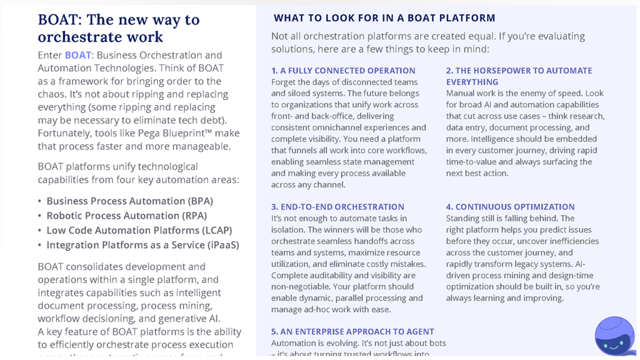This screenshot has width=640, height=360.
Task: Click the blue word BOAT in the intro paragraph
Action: point(78,55)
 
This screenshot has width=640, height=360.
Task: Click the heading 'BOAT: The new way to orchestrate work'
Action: point(119,28)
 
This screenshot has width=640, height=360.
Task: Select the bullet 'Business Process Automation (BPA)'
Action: point(129,201)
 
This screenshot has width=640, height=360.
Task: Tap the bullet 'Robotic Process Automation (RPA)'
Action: point(126,216)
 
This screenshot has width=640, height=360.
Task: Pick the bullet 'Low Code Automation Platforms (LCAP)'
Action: point(139,230)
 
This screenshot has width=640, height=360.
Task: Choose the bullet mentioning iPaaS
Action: point(142,245)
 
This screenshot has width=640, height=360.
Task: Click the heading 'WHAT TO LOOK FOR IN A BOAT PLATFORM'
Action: point(384,18)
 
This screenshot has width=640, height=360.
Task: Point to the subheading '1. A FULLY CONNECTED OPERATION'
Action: point(343,71)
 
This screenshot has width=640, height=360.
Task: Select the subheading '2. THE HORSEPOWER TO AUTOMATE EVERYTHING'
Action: point(519,76)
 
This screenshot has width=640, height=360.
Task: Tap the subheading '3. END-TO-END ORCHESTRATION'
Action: point(337,207)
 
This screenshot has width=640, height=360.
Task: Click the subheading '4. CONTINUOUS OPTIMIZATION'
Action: point(510,207)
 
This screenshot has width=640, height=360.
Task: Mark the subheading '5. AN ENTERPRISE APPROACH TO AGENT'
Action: point(352,332)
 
